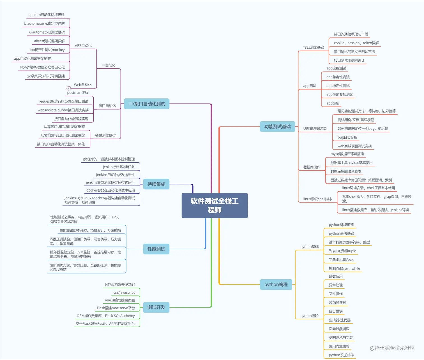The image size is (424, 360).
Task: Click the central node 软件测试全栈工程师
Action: click(215, 205)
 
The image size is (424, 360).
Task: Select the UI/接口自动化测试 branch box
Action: click(147, 104)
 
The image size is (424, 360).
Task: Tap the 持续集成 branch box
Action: click(156, 184)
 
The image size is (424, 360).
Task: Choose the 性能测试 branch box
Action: click(156, 249)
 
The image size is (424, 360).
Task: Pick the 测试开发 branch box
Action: click(156, 307)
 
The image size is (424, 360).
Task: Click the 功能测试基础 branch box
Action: click(277, 127)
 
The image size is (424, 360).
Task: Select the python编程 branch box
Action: click(276, 284)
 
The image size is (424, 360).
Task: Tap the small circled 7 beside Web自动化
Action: click(68, 88)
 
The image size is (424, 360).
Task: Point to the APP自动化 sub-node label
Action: click(83, 45)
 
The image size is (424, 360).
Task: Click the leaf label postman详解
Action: click(78, 92)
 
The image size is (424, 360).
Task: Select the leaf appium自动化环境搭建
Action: click(47, 15)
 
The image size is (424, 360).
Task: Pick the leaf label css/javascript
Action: click(124, 292)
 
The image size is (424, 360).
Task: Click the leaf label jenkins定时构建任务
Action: click(119, 167)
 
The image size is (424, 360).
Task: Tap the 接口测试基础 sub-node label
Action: click(314, 47)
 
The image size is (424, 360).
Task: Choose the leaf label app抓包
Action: click(333, 103)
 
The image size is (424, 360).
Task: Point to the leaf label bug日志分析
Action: click(347, 137)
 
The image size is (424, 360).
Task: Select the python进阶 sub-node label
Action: click(309, 316)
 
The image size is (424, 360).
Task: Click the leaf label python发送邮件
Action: click(341, 355)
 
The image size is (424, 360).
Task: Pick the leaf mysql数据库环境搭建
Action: click(347, 154)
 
